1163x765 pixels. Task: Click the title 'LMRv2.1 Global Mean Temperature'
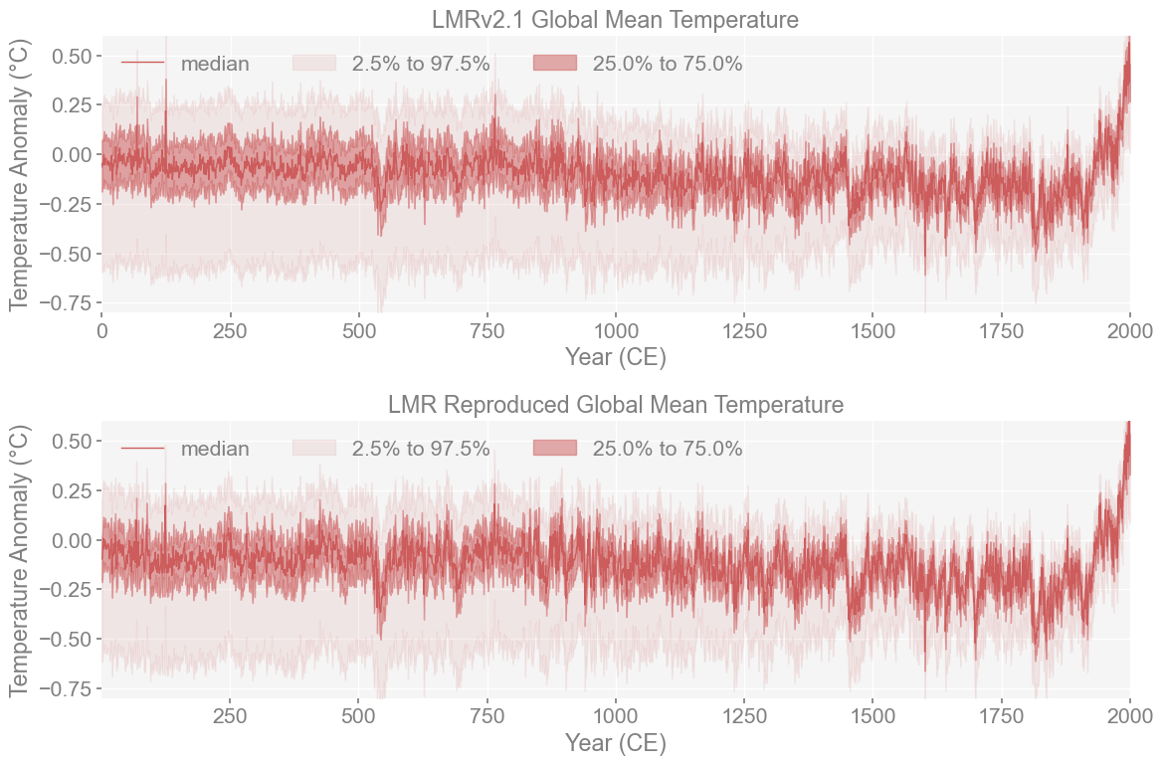tap(615, 19)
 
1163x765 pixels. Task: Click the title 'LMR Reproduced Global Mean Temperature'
tap(615, 405)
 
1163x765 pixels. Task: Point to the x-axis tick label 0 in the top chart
tap(101, 330)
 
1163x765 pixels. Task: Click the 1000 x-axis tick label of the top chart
tap(616, 330)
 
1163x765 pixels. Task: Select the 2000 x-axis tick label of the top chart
tap(1129, 330)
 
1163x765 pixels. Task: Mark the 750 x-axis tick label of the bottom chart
tap(487, 716)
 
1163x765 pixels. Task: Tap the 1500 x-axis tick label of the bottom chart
tap(872, 716)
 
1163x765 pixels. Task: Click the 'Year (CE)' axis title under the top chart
tap(615, 357)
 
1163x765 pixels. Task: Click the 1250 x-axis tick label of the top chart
tap(744, 330)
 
